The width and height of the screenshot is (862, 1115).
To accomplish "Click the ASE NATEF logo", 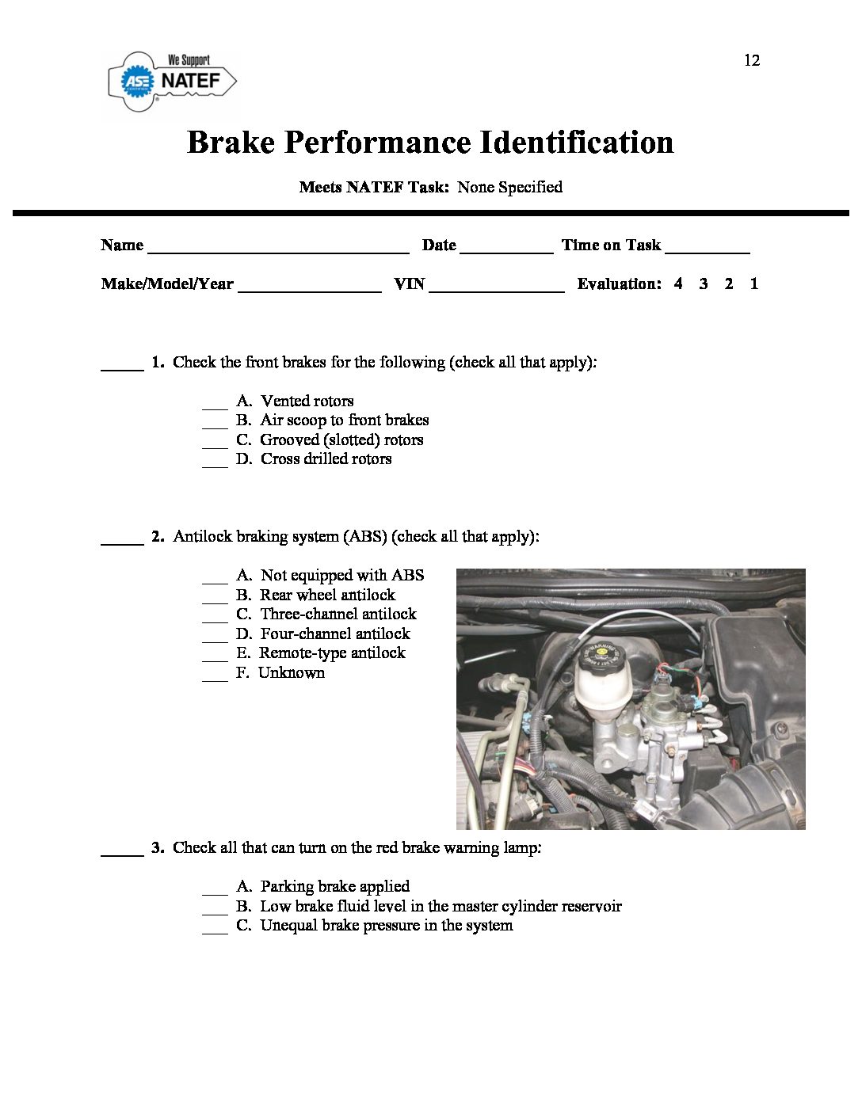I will click(x=172, y=81).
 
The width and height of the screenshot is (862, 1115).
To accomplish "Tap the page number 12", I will click(x=751, y=60).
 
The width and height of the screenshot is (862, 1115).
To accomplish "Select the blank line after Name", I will click(x=278, y=249).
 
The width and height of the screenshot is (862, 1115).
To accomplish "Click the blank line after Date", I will click(x=505, y=249).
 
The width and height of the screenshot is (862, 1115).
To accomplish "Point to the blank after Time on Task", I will click(x=707, y=249).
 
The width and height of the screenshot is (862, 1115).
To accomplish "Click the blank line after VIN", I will click(x=496, y=287).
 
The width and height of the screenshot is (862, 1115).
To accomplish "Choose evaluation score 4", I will click(x=678, y=284).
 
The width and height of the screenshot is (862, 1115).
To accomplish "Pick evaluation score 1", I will click(x=754, y=284).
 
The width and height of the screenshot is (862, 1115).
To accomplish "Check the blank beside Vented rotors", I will click(x=215, y=405).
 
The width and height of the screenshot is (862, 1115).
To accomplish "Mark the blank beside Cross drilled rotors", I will click(x=215, y=463).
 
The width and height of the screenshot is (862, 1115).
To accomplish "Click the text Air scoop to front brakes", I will click(x=344, y=420).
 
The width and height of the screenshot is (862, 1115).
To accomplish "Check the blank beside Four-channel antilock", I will click(x=215, y=638).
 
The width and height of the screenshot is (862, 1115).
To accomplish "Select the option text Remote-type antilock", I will click(x=332, y=653).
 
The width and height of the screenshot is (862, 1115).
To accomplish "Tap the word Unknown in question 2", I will click(x=292, y=672).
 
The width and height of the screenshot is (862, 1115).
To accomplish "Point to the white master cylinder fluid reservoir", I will click(x=600, y=689).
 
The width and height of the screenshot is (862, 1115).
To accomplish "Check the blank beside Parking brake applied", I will click(x=215, y=891).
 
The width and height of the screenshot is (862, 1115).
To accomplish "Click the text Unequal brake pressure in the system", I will click(x=386, y=925).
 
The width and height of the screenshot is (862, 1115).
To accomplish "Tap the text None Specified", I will click(x=509, y=187).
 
